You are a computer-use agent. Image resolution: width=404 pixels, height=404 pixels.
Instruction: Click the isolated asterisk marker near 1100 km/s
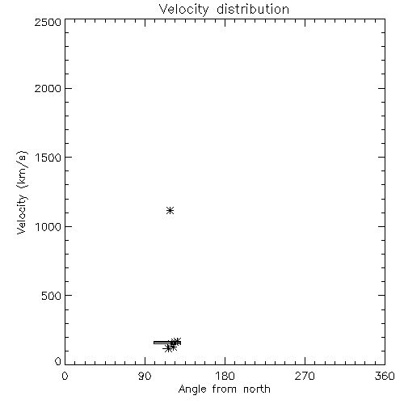(x=170, y=210)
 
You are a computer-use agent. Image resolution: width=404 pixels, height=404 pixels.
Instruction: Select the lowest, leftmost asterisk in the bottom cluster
(x=167, y=348)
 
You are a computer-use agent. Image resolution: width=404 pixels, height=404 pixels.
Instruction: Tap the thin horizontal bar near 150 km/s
(x=167, y=343)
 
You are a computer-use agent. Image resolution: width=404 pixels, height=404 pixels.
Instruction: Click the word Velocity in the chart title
(x=183, y=10)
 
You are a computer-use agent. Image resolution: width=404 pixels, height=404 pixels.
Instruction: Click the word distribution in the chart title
(x=253, y=9)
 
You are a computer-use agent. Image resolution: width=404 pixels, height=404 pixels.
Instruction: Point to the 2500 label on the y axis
(x=48, y=22)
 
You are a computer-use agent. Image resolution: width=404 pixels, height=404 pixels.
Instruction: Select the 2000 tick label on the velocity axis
(x=48, y=88)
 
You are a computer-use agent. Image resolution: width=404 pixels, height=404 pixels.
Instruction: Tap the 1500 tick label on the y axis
(x=48, y=158)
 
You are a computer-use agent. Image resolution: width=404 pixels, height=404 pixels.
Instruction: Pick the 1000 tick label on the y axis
(x=48, y=227)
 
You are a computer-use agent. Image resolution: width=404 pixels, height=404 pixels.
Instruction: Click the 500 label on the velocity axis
(x=52, y=296)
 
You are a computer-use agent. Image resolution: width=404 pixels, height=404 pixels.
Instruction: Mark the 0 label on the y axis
(x=58, y=361)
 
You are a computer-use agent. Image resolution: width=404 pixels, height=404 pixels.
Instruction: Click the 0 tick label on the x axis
(x=65, y=376)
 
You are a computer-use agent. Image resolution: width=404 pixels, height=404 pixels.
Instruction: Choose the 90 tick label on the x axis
(x=145, y=376)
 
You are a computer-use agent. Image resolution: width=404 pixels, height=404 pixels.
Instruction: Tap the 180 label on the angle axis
(x=225, y=376)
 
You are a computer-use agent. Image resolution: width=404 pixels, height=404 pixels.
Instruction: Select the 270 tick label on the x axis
(x=305, y=376)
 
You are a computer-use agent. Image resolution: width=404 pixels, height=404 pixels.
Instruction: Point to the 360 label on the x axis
(x=385, y=376)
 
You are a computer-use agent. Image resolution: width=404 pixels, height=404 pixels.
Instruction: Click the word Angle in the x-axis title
(x=192, y=389)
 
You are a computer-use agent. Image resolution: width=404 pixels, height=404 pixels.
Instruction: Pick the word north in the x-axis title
(x=257, y=389)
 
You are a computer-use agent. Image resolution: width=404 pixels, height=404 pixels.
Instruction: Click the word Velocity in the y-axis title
(x=22, y=214)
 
